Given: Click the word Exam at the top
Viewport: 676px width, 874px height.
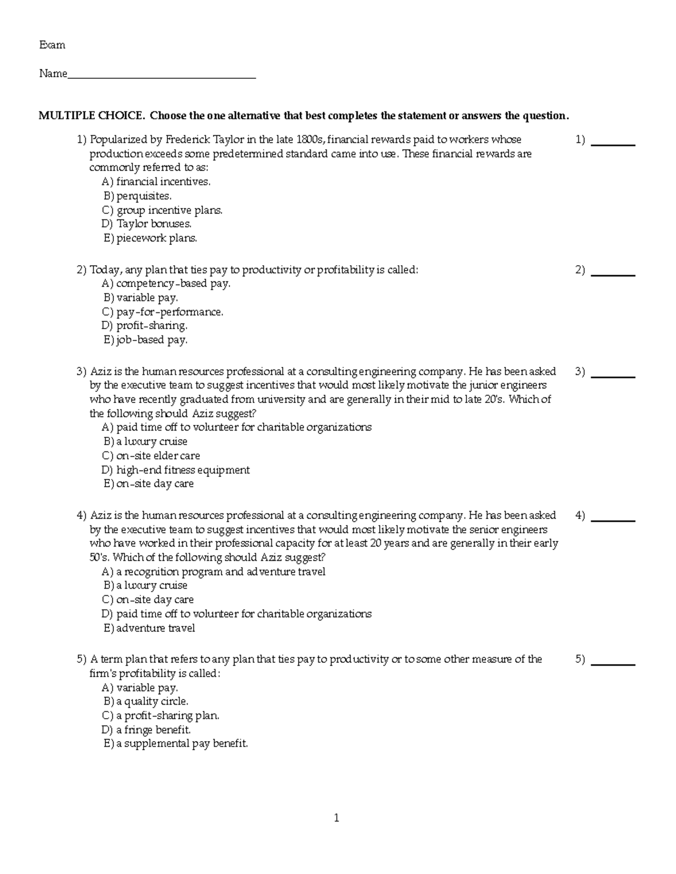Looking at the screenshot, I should point(52,45).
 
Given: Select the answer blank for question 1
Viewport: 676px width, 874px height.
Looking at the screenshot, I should point(615,141).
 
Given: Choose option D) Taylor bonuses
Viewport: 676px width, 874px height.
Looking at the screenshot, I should point(146,224).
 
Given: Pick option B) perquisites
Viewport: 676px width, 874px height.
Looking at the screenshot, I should point(137,196).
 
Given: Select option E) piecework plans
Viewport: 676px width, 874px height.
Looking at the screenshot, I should point(150,238).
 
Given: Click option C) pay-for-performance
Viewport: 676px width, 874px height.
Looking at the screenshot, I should point(162,312).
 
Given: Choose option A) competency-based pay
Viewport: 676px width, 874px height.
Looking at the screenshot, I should point(166,284).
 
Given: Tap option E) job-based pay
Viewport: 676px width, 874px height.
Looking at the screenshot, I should point(145,340).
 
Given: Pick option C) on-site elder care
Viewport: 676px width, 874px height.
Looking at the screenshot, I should point(151,456).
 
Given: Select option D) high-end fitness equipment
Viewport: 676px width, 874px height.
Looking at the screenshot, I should point(176,470).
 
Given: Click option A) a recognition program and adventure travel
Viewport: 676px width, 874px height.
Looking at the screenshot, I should point(214,572).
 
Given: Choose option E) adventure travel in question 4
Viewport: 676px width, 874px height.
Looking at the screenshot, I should point(149,628).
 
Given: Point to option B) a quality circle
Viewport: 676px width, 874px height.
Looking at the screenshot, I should point(146,701).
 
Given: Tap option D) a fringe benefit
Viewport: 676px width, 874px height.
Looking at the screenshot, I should point(146,730).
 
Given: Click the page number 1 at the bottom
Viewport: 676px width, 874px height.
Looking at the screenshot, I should point(336,818).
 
